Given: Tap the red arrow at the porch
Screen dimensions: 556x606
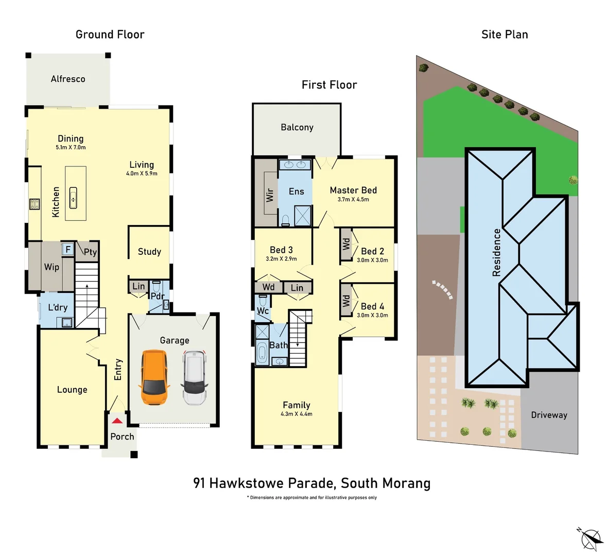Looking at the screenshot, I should (117, 421).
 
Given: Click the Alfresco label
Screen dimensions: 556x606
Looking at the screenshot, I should (68, 79).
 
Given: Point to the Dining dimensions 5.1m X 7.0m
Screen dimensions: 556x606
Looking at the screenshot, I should (71, 147).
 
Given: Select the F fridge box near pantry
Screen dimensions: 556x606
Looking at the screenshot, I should (67, 250).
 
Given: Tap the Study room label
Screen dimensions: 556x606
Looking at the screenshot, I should (149, 251).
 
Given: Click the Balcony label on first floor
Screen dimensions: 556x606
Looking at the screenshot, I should (297, 127).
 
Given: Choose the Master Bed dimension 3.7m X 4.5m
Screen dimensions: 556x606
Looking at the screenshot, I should (353, 199).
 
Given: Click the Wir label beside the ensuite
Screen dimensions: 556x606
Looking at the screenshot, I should (269, 194).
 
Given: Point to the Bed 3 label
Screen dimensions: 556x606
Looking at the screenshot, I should (281, 250).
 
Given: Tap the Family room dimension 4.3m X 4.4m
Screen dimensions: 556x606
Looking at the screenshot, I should (297, 414).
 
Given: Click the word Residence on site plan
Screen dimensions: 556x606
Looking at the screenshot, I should (497, 252).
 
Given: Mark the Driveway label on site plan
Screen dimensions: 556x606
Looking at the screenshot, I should (549, 415).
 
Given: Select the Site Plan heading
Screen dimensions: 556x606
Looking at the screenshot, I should (505, 34).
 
